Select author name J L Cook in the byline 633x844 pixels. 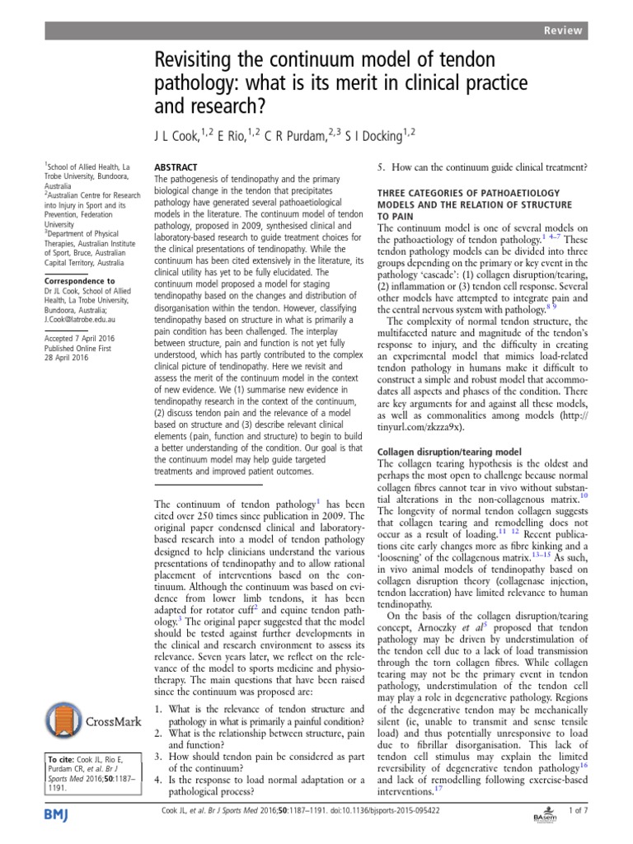click(183, 133)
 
